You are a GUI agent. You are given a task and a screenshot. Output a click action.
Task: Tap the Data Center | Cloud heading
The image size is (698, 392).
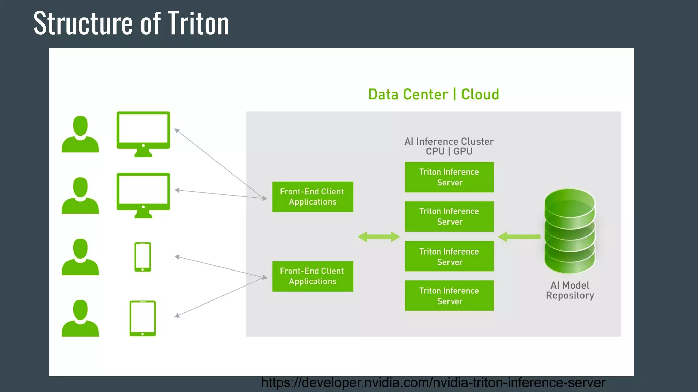434,94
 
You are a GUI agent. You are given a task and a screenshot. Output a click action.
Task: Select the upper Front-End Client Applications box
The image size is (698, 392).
313,197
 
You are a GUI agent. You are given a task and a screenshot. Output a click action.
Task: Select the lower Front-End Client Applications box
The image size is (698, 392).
313,276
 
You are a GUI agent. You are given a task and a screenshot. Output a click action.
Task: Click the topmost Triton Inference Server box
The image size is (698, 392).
449,177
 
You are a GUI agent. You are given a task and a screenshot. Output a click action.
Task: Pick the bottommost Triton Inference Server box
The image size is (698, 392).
449,296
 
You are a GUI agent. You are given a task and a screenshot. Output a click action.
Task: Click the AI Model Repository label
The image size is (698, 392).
570,290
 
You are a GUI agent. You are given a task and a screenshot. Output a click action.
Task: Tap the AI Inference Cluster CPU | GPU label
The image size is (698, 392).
449,146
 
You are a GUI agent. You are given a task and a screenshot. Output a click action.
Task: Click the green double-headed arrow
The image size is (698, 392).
379,237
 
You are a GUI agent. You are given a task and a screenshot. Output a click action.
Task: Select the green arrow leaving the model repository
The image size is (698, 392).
519,236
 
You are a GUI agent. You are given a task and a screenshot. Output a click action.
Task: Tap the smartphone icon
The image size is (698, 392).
142,257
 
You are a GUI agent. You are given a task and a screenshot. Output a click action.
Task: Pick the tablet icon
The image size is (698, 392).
142,318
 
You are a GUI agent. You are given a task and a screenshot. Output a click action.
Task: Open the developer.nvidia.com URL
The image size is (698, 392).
433,382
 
